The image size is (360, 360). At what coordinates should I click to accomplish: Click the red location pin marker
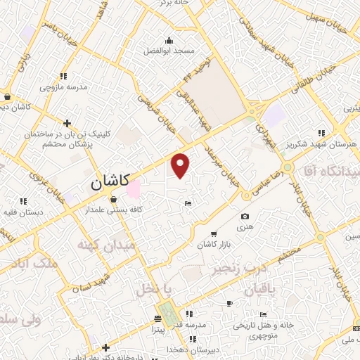181,166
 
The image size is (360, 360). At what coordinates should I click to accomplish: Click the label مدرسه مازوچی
63,87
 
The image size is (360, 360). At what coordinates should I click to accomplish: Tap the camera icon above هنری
245,217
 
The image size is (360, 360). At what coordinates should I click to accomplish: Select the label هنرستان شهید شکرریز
324,143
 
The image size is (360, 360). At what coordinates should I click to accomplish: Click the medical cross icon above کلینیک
67,123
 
